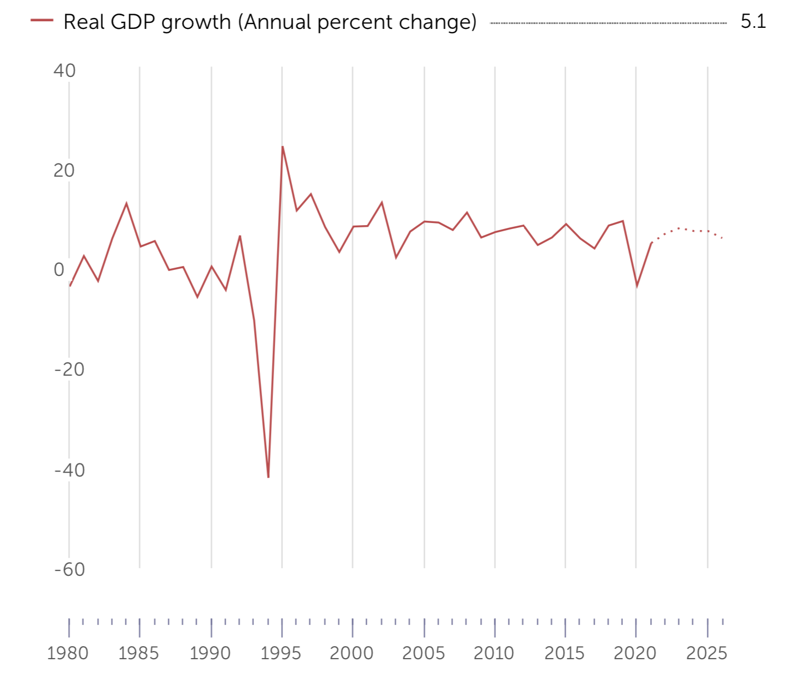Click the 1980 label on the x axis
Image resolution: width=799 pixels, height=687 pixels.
click(68, 653)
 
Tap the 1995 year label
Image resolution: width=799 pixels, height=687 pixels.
click(281, 653)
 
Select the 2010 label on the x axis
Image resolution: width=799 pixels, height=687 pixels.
click(494, 653)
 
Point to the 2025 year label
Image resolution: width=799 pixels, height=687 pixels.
click(706, 653)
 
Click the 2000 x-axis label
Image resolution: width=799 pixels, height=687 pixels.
click(352, 653)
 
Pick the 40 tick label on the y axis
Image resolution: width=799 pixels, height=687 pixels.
click(64, 70)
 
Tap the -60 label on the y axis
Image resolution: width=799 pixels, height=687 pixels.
click(70, 569)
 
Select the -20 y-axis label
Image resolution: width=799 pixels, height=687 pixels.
click(70, 370)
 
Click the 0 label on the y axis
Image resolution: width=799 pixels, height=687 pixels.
click(59, 270)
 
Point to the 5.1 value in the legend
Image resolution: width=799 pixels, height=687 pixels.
click(753, 22)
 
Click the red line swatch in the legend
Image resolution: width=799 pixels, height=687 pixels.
click(42, 21)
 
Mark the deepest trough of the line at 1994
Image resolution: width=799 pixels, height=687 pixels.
click(268, 477)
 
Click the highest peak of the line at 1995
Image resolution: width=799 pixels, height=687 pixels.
click(282, 147)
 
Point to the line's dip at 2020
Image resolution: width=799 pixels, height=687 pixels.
click(637, 286)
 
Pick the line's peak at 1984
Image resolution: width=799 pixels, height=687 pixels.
click(126, 204)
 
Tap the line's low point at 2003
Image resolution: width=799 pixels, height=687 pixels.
click(396, 257)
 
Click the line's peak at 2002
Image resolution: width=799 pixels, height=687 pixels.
click(382, 203)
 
